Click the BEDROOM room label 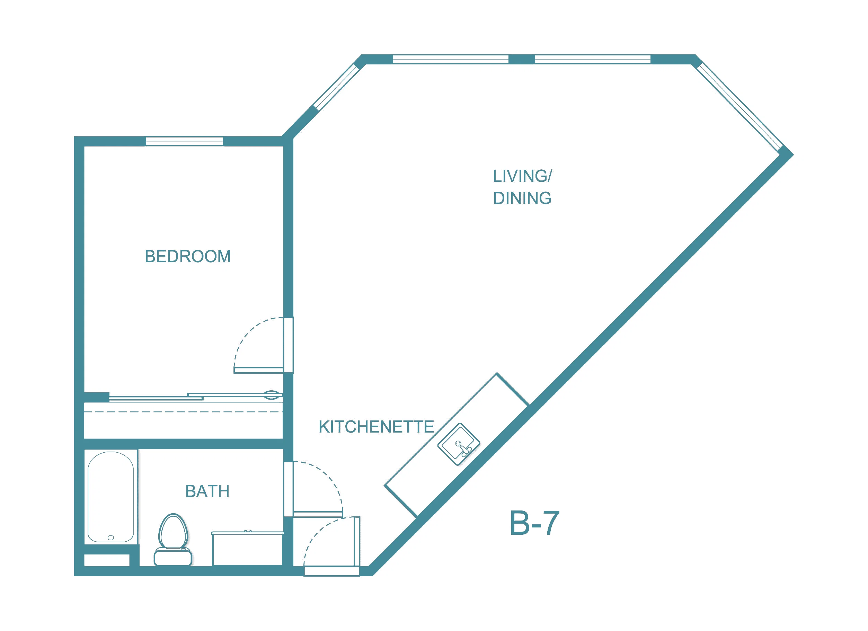(x=187, y=256)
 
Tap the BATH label (x=207, y=491)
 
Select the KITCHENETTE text (x=376, y=427)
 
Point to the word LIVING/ (x=522, y=176)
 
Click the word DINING (x=522, y=198)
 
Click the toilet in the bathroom (x=173, y=540)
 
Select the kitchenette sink (x=459, y=444)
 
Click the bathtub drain (x=110, y=537)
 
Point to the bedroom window (x=185, y=141)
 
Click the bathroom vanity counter (x=248, y=548)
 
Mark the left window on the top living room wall (x=451, y=59)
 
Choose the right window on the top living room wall (x=593, y=59)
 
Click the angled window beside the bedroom (x=336, y=87)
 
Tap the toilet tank (x=173, y=557)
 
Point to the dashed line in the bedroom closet (x=183, y=412)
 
